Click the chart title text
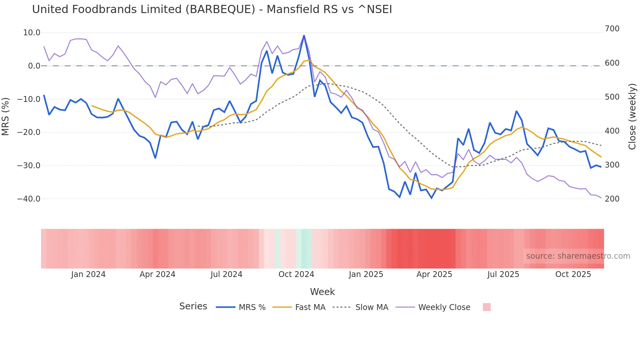(x=212, y=9)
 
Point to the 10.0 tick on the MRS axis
(x=32, y=33)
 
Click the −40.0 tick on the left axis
(x=29, y=199)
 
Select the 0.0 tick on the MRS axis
(x=34, y=66)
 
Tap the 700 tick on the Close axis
(x=612, y=29)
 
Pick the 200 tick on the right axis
(x=612, y=199)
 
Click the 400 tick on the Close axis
(x=612, y=131)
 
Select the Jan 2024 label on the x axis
(x=88, y=274)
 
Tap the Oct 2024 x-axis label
(x=296, y=274)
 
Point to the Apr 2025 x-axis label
(x=434, y=274)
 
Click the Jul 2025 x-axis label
(x=503, y=274)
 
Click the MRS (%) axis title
(x=6, y=116)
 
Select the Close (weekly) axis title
(x=632, y=116)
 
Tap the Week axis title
(x=322, y=292)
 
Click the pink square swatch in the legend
(x=487, y=307)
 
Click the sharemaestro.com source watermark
(x=578, y=256)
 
